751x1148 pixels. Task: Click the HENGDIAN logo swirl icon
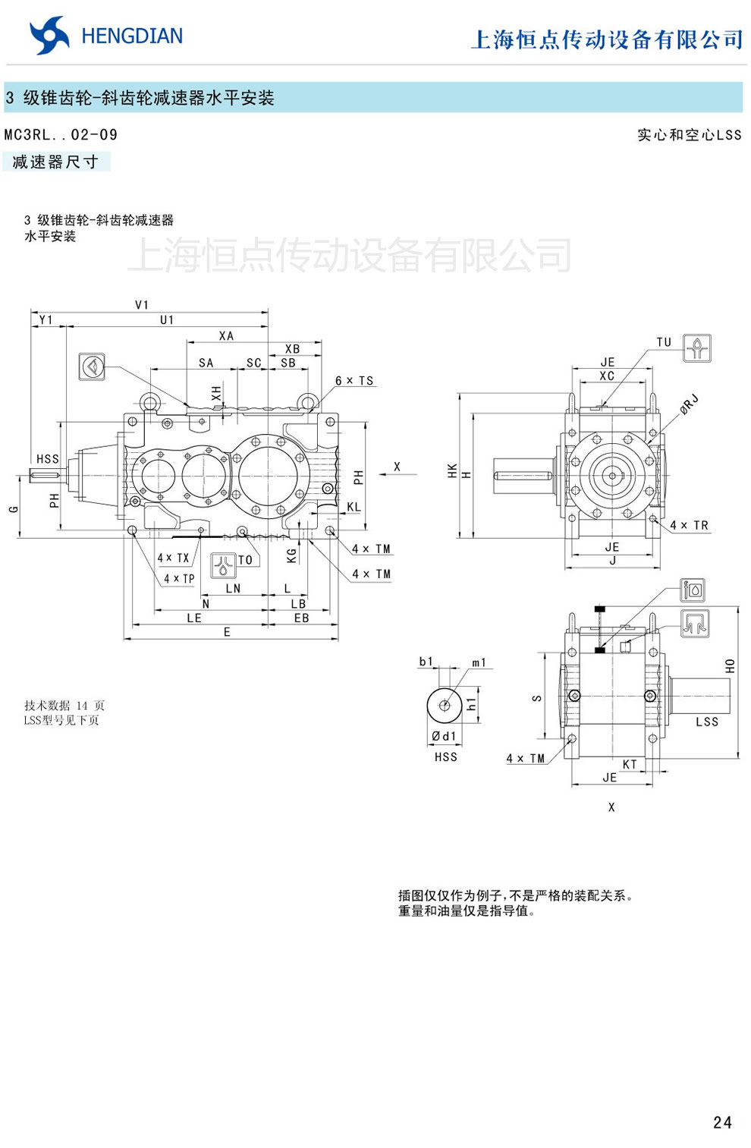tap(49, 36)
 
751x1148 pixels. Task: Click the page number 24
tap(722, 1122)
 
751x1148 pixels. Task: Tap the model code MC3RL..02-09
tap(61, 135)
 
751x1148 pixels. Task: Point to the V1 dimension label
tap(142, 305)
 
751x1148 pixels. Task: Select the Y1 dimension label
tap(46, 320)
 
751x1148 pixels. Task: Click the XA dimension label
tap(226, 336)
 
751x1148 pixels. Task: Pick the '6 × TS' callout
tap(354, 381)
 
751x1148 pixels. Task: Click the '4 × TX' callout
tap(173, 558)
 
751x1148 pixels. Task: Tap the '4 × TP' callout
tap(179, 578)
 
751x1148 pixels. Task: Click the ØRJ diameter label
tap(689, 404)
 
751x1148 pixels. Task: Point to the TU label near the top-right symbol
tap(664, 342)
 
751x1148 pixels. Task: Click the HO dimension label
tap(730, 665)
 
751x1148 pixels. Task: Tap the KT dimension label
tap(630, 764)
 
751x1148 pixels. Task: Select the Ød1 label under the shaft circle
tap(444, 736)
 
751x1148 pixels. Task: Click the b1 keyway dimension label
tap(426, 662)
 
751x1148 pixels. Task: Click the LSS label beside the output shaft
tap(706, 722)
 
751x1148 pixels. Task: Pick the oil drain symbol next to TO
tap(223, 565)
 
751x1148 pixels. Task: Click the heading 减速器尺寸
tap(55, 162)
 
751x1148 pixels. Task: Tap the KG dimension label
tap(292, 556)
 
